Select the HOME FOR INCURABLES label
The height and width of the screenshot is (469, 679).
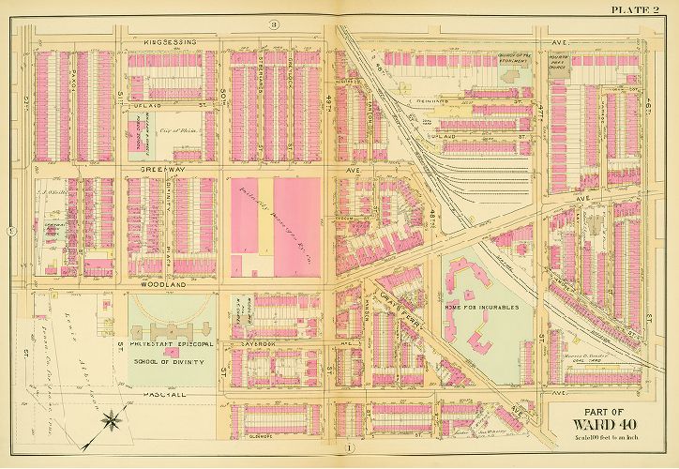coord(490,306)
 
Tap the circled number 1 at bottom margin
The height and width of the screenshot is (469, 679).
coord(351,447)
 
